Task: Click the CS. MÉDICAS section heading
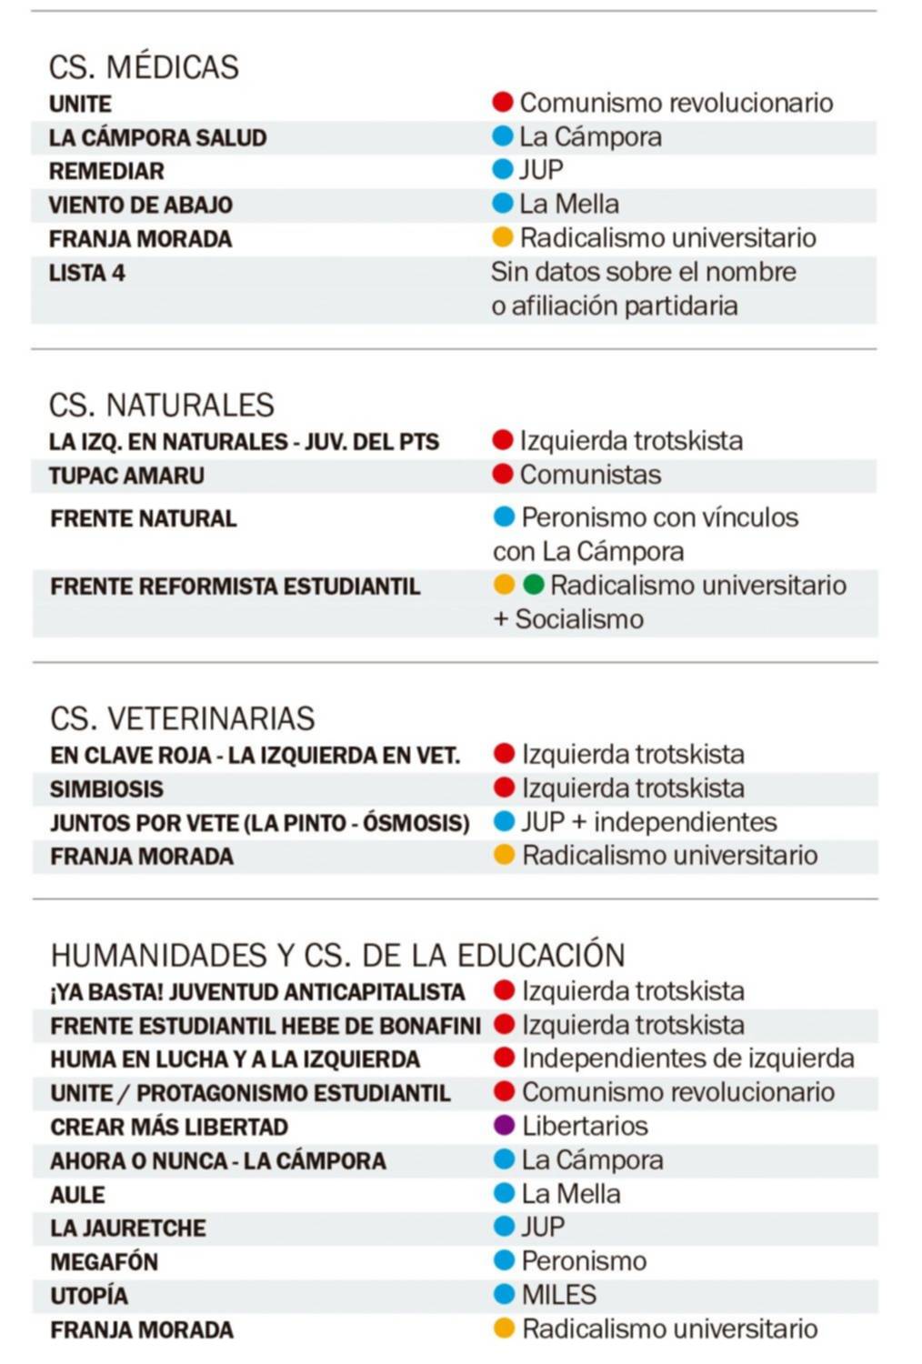click(x=144, y=67)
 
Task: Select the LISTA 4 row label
click(x=87, y=273)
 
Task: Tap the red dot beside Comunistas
click(x=503, y=474)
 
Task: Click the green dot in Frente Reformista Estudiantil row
click(x=534, y=585)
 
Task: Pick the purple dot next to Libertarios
click(x=504, y=1126)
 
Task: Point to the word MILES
click(x=558, y=1294)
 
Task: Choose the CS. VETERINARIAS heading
click(x=183, y=718)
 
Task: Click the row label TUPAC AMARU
click(x=126, y=476)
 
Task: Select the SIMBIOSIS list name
click(x=107, y=789)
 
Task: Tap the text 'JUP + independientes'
click(x=649, y=822)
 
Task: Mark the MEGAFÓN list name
click(x=105, y=1262)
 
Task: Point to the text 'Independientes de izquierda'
click(x=688, y=1058)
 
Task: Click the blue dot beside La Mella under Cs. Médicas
click(x=502, y=204)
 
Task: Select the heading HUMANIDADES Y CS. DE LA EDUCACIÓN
click(x=337, y=956)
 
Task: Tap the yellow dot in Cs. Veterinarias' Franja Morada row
click(x=504, y=855)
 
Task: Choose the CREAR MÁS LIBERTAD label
click(x=169, y=1128)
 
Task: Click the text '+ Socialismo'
click(x=568, y=619)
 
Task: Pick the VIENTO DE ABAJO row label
click(x=141, y=206)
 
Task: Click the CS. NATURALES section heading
click(x=162, y=405)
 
